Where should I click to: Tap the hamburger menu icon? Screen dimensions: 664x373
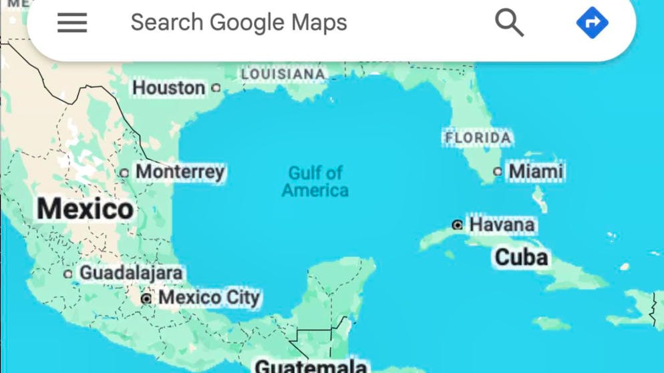(x=72, y=23)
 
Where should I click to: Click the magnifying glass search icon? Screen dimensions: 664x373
(x=509, y=23)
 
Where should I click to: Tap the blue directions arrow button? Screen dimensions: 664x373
(x=592, y=23)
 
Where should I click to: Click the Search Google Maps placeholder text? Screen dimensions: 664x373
(x=238, y=23)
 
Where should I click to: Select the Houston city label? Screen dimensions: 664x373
(x=168, y=87)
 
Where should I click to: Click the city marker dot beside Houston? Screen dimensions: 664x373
(x=216, y=87)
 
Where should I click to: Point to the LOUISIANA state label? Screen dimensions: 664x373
(x=283, y=74)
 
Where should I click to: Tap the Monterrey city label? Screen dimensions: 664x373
(x=180, y=171)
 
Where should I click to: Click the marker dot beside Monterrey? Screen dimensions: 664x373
(x=124, y=173)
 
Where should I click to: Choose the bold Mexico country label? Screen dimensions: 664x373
(x=85, y=209)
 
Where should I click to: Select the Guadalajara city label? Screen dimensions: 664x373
(x=131, y=273)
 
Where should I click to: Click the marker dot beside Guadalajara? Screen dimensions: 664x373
(x=68, y=274)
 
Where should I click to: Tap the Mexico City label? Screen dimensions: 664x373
(x=208, y=297)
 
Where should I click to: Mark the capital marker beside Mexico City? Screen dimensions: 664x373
(x=146, y=298)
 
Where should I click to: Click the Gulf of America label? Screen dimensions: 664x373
(x=315, y=181)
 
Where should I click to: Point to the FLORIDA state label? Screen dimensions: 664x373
(x=478, y=138)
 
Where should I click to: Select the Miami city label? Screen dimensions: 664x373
(x=536, y=171)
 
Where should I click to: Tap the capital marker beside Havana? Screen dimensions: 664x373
(x=458, y=225)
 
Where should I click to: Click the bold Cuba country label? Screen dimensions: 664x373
(x=521, y=257)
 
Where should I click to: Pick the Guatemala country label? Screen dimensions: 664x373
(x=311, y=366)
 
